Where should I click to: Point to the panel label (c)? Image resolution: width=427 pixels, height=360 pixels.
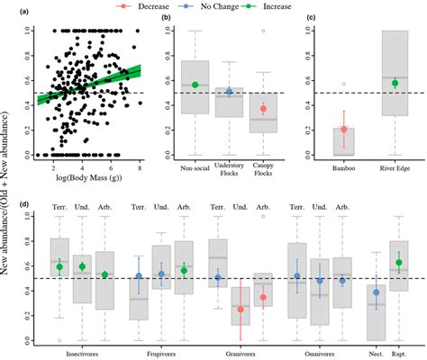313,18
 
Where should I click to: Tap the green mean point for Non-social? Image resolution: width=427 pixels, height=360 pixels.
195,85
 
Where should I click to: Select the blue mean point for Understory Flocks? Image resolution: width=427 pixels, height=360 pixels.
228,92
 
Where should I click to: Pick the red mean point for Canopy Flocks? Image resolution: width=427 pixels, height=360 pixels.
262,109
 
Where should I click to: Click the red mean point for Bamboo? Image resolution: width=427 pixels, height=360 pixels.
343,130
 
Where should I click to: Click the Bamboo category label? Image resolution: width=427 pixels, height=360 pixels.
343,168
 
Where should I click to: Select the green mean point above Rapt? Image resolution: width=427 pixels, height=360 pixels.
397,263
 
